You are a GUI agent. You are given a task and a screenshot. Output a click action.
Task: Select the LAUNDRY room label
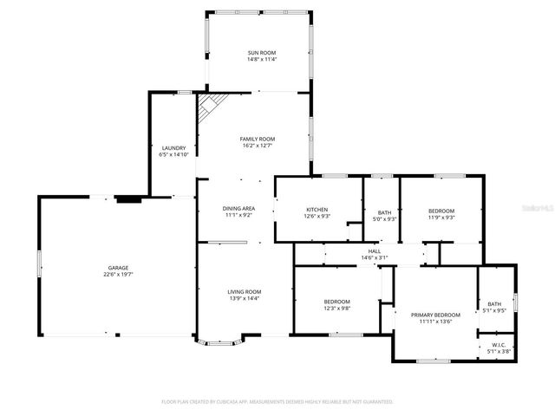coord(173,148)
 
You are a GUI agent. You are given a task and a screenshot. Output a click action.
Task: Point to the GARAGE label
coord(118,269)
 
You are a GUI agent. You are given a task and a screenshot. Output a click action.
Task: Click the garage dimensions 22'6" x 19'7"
coord(118,276)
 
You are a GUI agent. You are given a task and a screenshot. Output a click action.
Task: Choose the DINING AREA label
coord(238,208)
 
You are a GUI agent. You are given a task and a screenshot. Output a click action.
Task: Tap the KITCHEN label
coord(316,210)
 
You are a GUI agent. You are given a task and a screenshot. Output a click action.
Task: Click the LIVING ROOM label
coord(245,292)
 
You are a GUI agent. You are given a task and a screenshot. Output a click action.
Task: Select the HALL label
coord(375,250)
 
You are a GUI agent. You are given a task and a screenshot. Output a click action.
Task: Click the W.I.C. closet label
coord(496,345)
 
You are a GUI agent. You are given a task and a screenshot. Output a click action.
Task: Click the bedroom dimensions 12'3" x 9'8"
coord(337,308)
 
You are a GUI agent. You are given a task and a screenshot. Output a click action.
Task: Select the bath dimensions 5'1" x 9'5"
coord(494,309)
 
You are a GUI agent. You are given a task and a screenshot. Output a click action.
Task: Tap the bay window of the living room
coord(220,342)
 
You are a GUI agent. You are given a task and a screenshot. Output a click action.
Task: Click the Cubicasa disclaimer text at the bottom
coord(277,402)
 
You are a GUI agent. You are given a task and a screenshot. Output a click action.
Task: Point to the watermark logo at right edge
coord(542,209)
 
